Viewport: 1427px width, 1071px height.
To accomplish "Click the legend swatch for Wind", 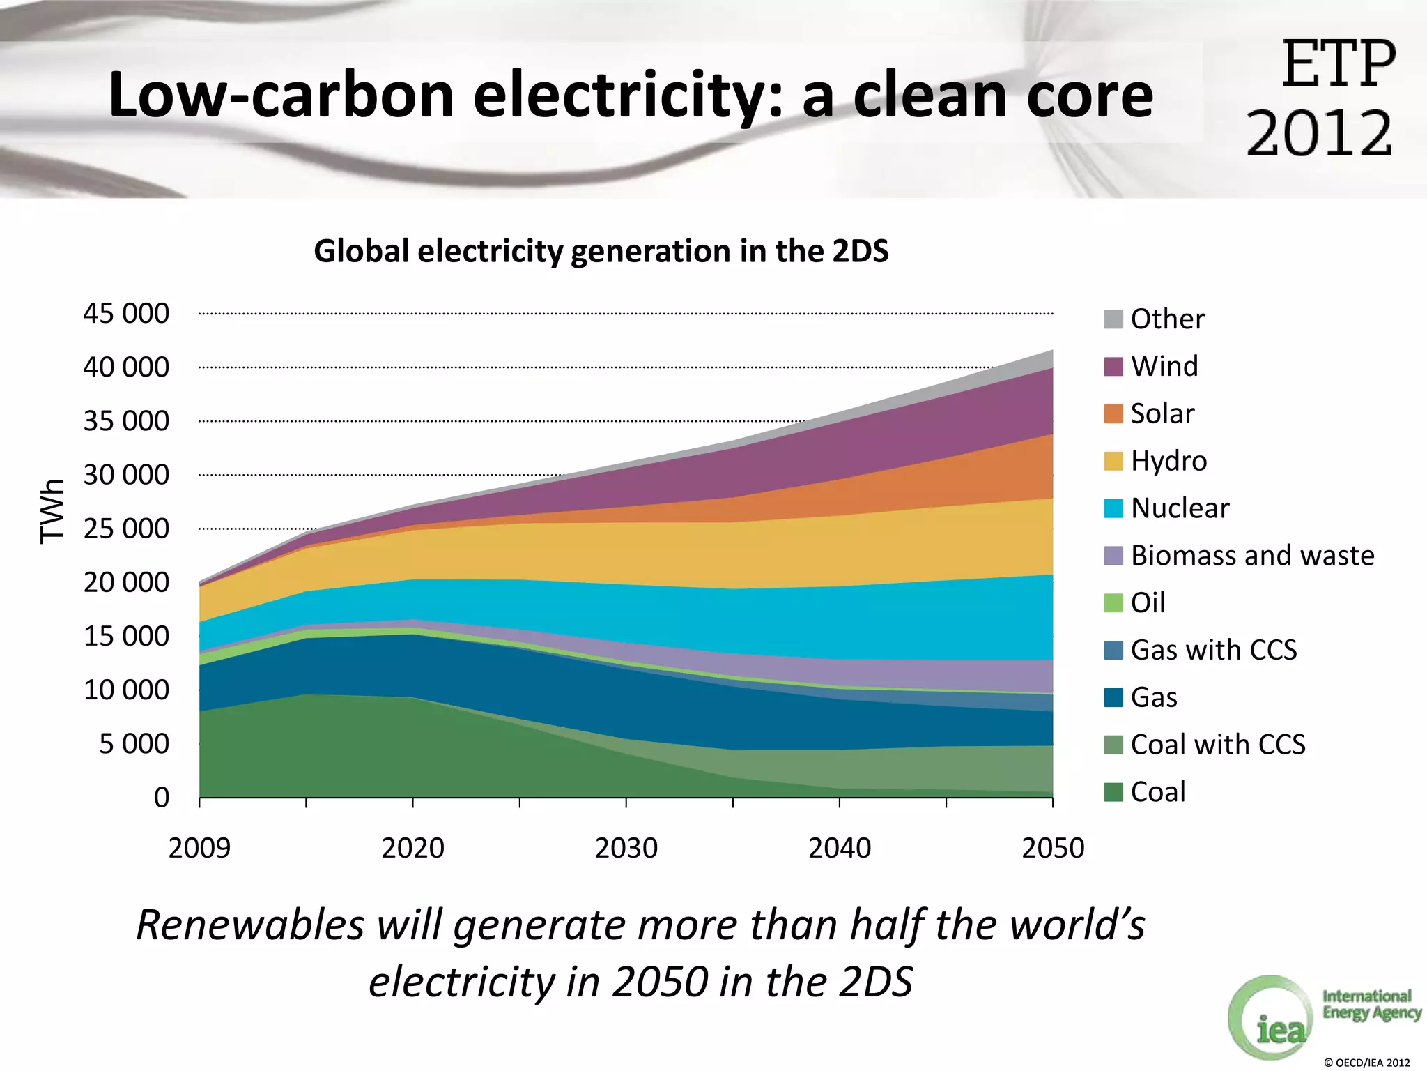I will (x=1113, y=367).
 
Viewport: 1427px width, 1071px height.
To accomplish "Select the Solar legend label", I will (x=1162, y=413).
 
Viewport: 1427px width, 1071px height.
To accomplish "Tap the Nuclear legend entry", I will (x=1180, y=508).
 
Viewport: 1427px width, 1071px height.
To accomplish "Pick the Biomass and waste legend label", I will (x=1252, y=556).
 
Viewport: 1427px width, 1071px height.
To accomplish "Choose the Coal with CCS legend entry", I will (x=1217, y=745).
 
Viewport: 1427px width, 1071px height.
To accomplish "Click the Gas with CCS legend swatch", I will (x=1113, y=651).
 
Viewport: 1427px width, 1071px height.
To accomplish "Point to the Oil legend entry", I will (x=1147, y=602).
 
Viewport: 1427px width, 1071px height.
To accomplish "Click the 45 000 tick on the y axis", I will (x=126, y=314).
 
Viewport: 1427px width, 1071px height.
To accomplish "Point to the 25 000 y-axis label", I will (x=126, y=529).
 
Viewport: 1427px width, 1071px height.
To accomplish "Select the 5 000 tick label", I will (x=134, y=744).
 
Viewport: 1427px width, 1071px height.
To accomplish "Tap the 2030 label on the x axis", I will (x=626, y=848).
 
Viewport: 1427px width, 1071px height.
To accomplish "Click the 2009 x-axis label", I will (x=199, y=848).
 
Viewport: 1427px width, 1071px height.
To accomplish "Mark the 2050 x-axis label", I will (x=1053, y=848).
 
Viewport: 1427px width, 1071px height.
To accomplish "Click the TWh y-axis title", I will (x=52, y=511).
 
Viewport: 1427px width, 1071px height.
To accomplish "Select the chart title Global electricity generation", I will (x=601, y=251).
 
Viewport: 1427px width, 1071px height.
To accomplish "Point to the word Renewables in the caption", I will (x=250, y=925).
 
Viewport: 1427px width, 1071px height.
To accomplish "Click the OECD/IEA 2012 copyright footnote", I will (x=1366, y=1063).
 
